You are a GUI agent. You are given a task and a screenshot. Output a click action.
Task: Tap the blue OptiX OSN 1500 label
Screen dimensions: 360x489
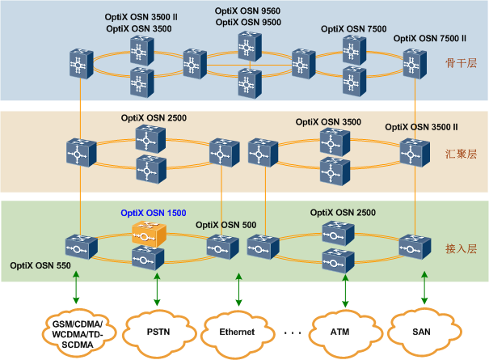click(x=154, y=214)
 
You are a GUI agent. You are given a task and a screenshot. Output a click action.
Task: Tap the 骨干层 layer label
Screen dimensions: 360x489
click(x=457, y=61)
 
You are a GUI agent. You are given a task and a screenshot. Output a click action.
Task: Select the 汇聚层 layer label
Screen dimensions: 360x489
click(x=457, y=152)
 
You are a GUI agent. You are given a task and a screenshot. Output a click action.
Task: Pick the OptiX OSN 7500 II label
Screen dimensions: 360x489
click(x=430, y=38)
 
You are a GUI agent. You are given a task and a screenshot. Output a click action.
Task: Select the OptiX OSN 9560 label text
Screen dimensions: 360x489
click(x=247, y=11)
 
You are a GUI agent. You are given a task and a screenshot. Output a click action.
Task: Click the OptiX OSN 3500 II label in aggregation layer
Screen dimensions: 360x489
click(x=421, y=127)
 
